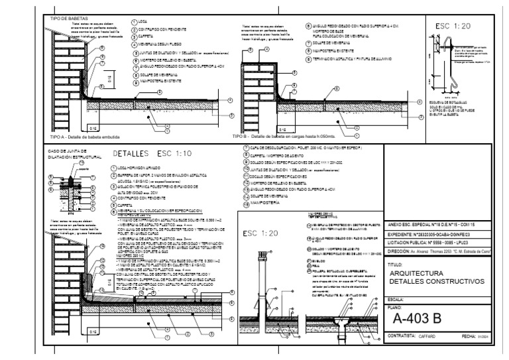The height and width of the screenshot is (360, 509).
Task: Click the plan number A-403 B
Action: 417,319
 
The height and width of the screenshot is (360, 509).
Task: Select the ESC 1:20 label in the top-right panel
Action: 453,26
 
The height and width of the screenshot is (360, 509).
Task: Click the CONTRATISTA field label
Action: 404,337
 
